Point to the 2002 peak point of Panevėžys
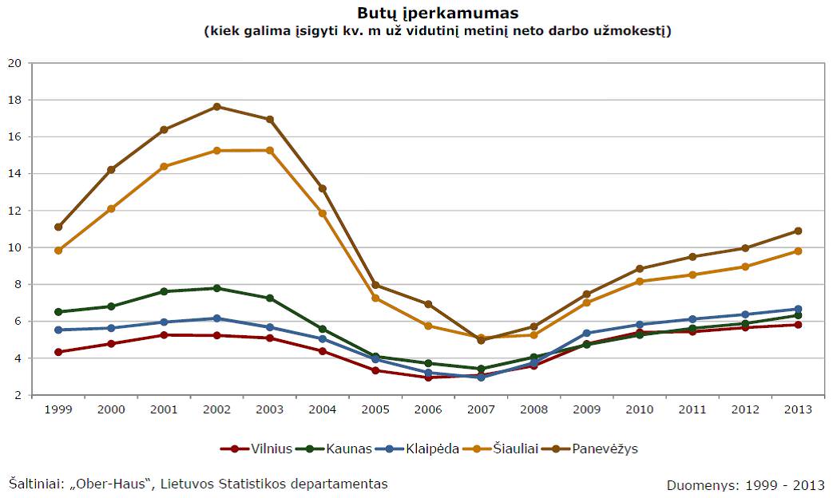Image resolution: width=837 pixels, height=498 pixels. point(217,107)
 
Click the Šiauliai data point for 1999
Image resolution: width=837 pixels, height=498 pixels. point(58,251)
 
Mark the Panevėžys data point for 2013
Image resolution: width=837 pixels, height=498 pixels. point(798,231)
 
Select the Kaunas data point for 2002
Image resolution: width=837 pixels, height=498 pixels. point(217,288)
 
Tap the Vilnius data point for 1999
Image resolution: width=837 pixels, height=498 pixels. point(58,352)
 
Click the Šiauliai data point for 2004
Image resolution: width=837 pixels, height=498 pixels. point(323,213)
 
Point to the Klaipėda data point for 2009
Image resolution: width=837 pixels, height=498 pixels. point(586,333)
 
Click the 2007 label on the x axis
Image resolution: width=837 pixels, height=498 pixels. point(481,409)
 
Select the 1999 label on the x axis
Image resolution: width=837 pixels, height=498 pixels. point(58,409)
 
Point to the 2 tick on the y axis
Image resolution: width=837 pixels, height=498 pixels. point(18,395)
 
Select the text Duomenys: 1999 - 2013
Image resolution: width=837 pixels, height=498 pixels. point(745,484)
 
